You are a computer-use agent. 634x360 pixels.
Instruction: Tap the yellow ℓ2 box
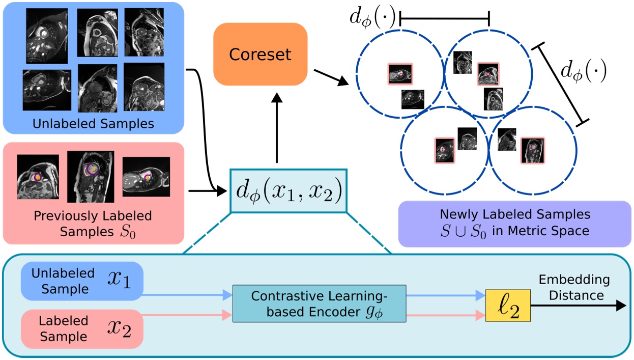508,306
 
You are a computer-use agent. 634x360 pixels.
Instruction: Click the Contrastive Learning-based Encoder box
319,303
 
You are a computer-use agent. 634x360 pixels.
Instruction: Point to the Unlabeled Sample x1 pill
82,282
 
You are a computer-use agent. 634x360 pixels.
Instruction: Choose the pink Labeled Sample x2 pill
82,328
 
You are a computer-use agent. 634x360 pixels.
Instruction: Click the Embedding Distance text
574,288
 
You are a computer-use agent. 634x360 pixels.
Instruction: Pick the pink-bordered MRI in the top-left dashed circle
400,74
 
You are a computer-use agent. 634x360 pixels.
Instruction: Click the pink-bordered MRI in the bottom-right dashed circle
532,149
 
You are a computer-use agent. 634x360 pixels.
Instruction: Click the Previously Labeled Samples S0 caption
93,224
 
